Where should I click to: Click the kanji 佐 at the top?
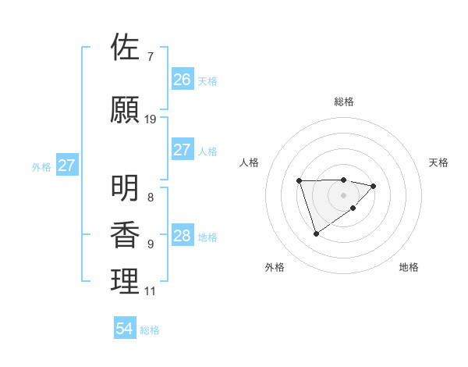point(126,47)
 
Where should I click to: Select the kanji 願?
point(126,111)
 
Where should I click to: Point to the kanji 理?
point(126,282)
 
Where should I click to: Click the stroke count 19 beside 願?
point(151,119)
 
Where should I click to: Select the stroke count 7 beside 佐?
point(150,55)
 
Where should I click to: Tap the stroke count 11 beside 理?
point(150,291)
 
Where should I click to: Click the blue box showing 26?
point(183,79)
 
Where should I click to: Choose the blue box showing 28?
point(183,236)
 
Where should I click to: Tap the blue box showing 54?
point(124,329)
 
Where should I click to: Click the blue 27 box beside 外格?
point(67,166)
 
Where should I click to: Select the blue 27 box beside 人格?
point(183,150)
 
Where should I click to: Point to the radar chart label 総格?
point(343,102)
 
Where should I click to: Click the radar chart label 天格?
point(438,162)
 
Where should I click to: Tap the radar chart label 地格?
point(409,267)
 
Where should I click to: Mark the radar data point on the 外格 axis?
point(316,233)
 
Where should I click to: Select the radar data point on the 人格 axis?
point(299,181)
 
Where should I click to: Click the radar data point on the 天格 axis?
point(374,186)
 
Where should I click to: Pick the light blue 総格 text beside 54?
point(150,330)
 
